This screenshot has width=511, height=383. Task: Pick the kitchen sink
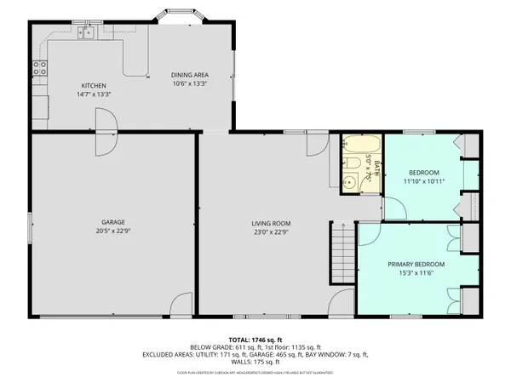(85, 33)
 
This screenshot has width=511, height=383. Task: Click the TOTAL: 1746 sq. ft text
(255, 340)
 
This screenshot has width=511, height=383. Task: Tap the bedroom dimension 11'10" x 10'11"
(424, 180)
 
